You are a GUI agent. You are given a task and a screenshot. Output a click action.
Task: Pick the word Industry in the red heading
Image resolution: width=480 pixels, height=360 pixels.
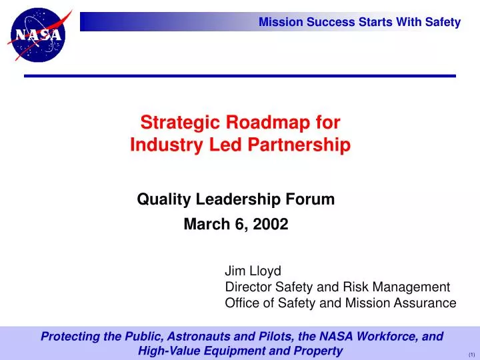point(159,145)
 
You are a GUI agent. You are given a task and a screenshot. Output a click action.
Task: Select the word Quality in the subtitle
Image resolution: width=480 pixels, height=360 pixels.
point(157,199)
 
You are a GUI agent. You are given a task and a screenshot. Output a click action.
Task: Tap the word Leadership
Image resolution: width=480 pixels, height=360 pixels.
point(226,199)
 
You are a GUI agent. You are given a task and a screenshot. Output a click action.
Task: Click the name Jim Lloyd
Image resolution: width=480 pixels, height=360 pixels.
point(253,271)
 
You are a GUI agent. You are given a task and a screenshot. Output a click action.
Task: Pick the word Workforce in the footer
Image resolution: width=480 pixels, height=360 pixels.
point(390,337)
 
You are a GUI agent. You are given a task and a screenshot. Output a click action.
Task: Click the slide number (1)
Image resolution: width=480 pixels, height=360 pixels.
point(471,354)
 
